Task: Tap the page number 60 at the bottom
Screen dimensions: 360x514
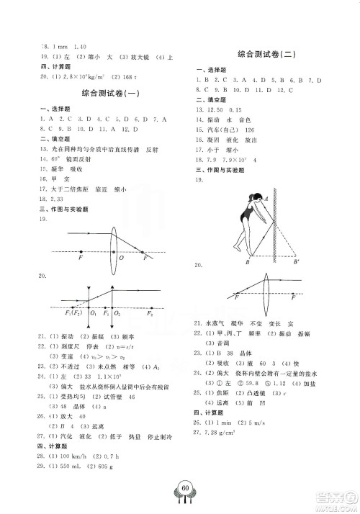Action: pos(185,490)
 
